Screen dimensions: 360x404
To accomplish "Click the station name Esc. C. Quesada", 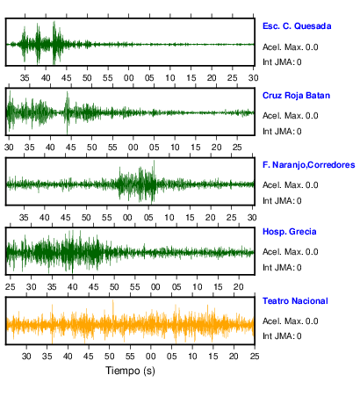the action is pyautogui.click(x=297, y=26).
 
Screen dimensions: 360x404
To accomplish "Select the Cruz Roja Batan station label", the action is pyautogui.click(x=296, y=96).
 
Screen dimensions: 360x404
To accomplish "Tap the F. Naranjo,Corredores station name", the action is pyautogui.click(x=309, y=165).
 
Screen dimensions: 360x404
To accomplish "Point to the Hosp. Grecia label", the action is pyautogui.click(x=290, y=232).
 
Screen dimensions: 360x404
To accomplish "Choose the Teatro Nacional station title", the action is pyautogui.click(x=295, y=301).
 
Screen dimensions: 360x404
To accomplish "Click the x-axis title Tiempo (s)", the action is pyautogui.click(x=130, y=371).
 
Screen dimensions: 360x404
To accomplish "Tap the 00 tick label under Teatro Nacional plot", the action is pyautogui.click(x=151, y=357).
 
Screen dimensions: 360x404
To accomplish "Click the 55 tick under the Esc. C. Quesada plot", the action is pyautogui.click(x=108, y=78).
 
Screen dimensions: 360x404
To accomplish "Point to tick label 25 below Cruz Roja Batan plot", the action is pyautogui.click(x=237, y=148).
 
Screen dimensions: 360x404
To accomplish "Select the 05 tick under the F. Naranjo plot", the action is pyautogui.click(x=148, y=218).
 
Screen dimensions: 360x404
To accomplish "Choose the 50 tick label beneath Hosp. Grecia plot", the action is pyautogui.click(x=114, y=287).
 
